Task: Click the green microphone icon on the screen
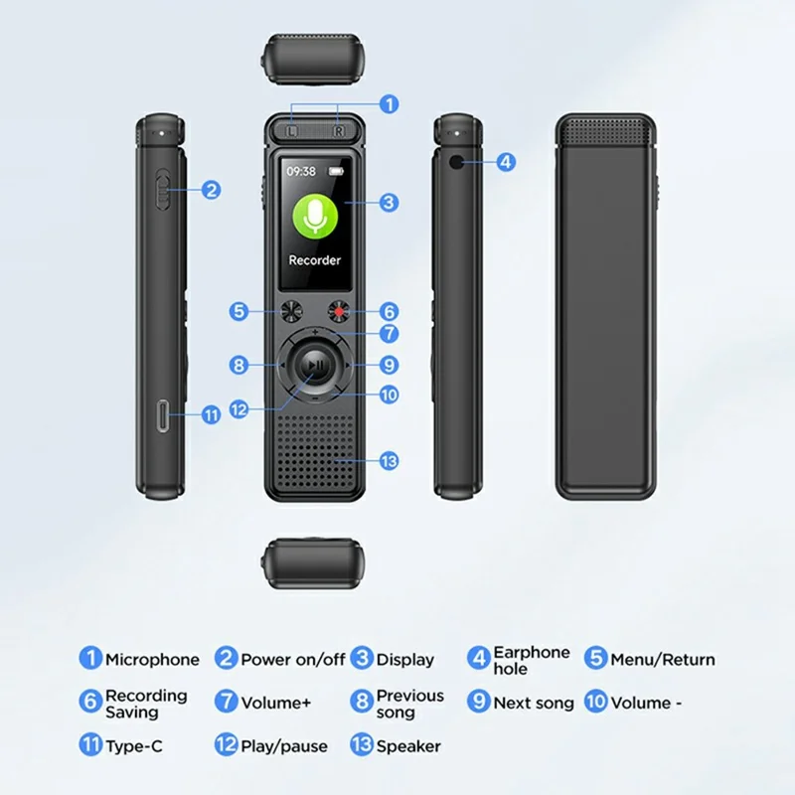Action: point(315,215)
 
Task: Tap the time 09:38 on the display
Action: point(302,171)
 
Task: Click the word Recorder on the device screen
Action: point(314,260)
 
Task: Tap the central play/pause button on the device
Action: point(314,367)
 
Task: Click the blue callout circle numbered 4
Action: point(506,161)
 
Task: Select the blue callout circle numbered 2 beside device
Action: point(211,190)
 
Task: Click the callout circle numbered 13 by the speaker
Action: point(389,460)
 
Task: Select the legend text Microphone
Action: point(152,660)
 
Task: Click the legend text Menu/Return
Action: point(662,660)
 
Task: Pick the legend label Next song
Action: point(534,703)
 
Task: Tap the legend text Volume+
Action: point(276,703)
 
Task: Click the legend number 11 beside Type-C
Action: point(90,745)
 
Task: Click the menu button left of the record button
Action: point(290,311)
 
